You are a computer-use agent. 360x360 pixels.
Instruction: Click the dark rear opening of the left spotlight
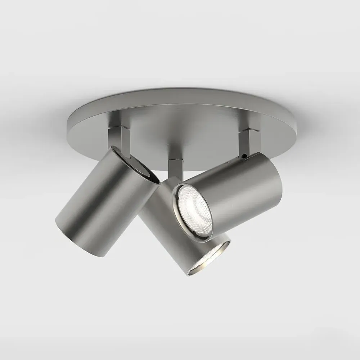(x=139, y=167)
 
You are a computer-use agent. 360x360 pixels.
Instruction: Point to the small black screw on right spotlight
(x=245, y=157)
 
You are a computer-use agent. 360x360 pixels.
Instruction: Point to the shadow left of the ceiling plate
(x=40, y=122)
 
